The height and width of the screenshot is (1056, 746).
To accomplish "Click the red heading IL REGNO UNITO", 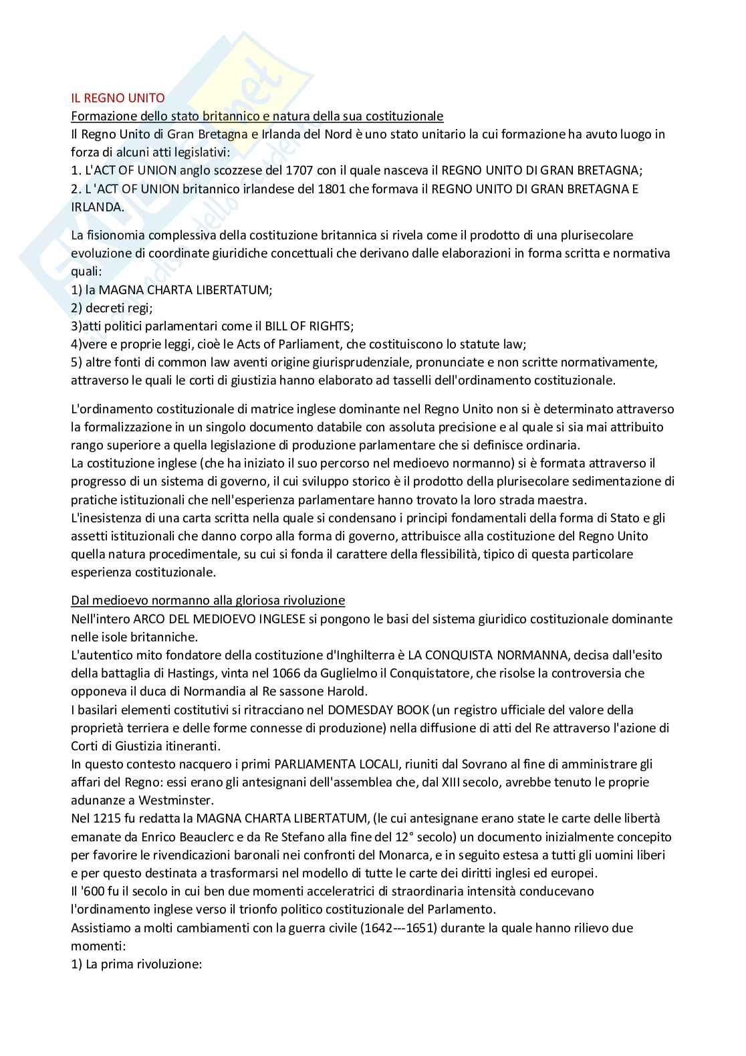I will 118,98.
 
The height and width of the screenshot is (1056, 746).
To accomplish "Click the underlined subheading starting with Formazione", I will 257,116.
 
